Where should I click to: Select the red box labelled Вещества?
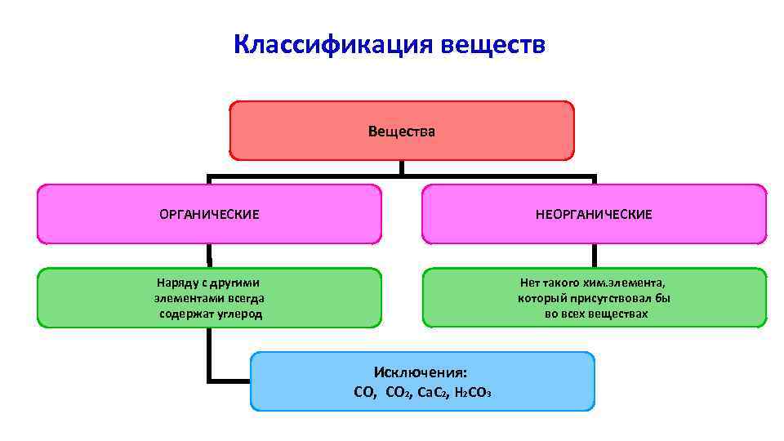point(401,131)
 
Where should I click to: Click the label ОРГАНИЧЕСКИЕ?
point(209,214)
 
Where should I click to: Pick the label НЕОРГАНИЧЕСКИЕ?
point(594,214)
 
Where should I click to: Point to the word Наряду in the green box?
point(176,283)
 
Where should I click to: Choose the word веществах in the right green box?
point(618,314)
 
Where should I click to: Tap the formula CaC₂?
point(432,392)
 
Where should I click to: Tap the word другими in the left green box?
point(237,283)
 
